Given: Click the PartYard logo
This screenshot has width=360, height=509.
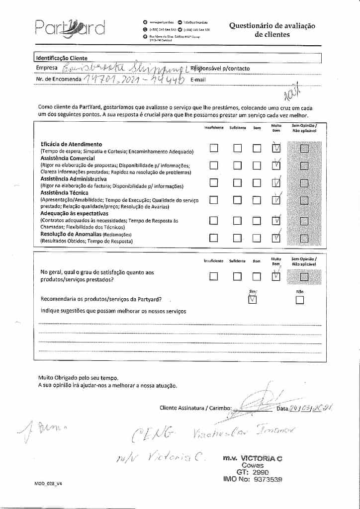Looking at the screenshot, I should point(70,27).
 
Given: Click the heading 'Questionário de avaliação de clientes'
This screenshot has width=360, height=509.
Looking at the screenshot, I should point(272,30).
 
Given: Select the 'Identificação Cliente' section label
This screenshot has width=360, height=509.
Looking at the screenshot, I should point(62,58).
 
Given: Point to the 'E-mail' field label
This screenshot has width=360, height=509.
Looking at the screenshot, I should point(197,80).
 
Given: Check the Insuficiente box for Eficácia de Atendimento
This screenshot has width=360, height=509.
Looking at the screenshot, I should point(214,148).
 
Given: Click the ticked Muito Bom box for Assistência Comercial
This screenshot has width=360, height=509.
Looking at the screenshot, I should point(276,166).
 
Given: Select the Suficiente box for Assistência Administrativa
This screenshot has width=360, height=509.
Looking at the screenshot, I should point(238,182).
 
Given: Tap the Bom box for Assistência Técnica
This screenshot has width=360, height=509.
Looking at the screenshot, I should point(257,200).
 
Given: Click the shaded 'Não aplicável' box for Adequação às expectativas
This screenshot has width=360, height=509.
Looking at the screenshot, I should point(304,221).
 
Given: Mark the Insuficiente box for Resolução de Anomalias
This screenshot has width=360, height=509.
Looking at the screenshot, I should point(214,238).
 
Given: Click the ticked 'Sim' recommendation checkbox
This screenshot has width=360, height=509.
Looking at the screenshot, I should point(252,299).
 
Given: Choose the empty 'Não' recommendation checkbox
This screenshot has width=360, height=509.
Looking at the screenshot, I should point(299,300).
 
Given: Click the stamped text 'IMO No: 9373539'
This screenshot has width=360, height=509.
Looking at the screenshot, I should point(253,480).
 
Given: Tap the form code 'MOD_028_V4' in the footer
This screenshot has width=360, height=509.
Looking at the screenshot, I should point(48,484).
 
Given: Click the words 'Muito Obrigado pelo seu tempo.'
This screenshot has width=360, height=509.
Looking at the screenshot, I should point(79,378).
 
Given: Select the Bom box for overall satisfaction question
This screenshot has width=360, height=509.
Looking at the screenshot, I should point(257,276).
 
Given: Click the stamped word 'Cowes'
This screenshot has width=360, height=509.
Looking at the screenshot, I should point(253,465).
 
